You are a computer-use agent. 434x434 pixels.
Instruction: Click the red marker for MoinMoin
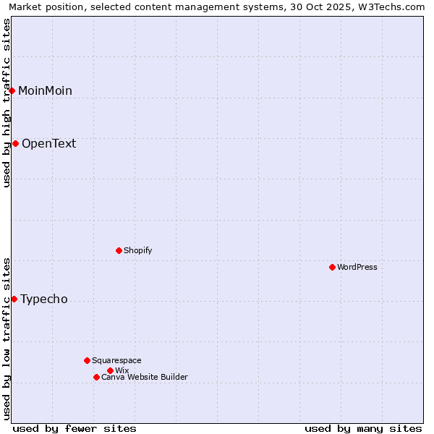coord(12,90)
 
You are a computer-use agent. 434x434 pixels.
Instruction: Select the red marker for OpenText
coord(15,143)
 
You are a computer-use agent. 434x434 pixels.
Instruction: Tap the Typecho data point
coord(14,299)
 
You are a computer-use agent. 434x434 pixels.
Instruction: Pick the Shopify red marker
coord(119,250)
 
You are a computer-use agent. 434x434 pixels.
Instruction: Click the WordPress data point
coord(332,267)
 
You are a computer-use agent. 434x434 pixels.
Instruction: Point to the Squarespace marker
coord(87,360)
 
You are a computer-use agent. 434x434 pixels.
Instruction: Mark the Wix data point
coord(110,370)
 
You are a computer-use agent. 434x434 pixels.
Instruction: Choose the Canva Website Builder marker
coord(96,377)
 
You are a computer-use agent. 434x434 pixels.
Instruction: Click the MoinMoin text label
coord(45,90)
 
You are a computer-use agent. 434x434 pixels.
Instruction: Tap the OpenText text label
coord(48,143)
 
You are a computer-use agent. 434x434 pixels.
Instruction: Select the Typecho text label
coord(43,299)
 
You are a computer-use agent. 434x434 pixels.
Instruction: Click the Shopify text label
coord(137,250)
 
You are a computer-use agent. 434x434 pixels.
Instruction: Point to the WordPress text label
coord(357,267)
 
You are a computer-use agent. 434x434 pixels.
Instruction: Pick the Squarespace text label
coord(116,360)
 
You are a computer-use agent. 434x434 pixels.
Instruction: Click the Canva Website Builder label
coord(144,377)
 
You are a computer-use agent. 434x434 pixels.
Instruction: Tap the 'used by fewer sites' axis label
coord(75,428)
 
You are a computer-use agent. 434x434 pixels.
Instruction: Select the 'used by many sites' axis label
coord(363,428)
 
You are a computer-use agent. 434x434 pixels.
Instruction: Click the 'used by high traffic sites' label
coord(7,103)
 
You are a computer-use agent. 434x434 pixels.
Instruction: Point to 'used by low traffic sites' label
coord(7,339)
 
